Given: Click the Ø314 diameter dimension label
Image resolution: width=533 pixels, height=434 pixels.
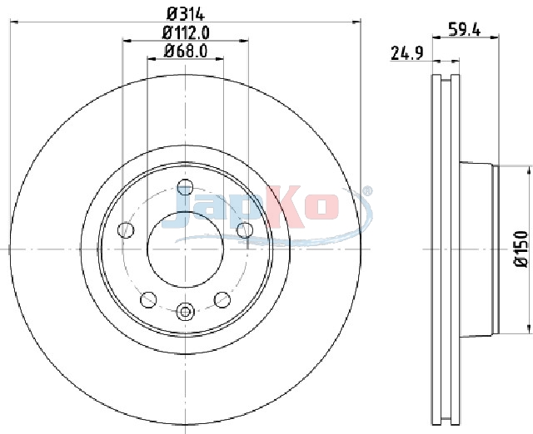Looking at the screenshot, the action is point(186,14).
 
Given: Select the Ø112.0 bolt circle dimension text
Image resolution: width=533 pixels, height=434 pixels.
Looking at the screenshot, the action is point(186,33).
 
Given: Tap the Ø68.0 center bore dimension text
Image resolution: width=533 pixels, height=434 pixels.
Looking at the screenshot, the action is point(186,51).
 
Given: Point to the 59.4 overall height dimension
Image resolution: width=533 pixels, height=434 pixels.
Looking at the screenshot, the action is point(464,29).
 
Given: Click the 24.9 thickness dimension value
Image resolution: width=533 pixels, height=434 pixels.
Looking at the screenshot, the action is point(407,53).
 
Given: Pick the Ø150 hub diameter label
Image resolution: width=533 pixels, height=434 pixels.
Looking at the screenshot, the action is point(522,249).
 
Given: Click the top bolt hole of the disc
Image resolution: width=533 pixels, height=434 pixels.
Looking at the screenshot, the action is point(185,187).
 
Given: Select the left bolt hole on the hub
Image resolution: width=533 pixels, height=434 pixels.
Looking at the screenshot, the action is point(126,230).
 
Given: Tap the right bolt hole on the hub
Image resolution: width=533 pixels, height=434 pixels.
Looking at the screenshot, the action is point(245,230).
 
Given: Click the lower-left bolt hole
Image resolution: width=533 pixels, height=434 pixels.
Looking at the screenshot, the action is point(148,299).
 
